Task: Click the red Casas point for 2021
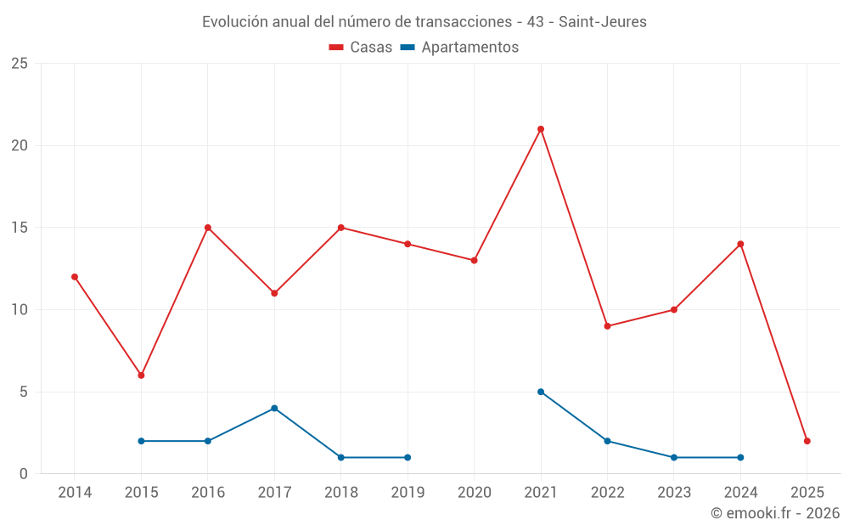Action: (541, 129)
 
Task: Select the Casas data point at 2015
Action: (141, 375)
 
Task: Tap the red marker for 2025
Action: (807, 441)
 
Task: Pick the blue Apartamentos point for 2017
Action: (274, 408)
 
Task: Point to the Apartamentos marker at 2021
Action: (541, 392)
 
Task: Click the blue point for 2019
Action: (408, 457)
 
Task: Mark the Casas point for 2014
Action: (75, 276)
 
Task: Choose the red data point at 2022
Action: (607, 325)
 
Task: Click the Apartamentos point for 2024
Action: (740, 457)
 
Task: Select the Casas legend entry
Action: (362, 48)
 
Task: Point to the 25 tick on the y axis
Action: (20, 64)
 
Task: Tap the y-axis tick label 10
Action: (20, 309)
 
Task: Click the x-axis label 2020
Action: (474, 492)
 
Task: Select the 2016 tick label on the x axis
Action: (207, 492)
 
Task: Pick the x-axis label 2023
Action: (674, 492)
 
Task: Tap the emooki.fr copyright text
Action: (774, 513)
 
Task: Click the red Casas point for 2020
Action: (474, 260)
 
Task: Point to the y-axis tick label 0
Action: (24, 473)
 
